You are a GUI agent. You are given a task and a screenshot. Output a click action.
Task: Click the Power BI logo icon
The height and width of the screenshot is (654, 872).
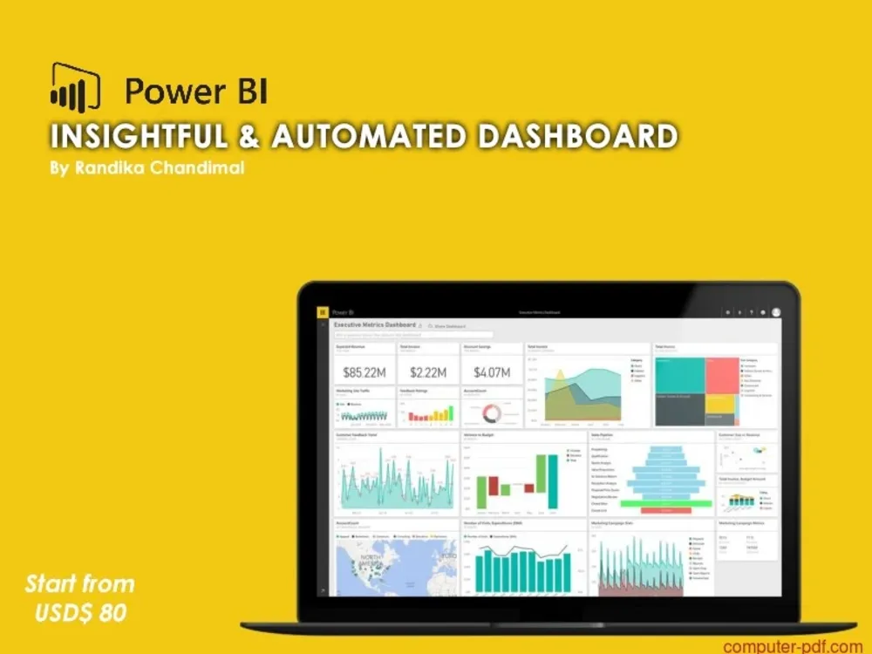click(75, 87)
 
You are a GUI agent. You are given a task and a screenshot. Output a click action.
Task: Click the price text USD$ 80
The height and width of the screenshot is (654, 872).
click(80, 613)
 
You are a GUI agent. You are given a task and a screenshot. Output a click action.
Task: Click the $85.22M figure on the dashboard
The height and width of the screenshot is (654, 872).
click(365, 373)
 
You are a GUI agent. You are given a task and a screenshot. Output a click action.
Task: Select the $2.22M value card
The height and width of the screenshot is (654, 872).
click(428, 373)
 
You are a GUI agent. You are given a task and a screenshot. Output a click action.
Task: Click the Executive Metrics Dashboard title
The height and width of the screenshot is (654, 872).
click(375, 324)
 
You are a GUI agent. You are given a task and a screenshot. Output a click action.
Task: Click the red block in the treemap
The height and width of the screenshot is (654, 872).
click(722, 375)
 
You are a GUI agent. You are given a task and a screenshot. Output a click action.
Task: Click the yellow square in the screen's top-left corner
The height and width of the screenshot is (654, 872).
click(323, 311)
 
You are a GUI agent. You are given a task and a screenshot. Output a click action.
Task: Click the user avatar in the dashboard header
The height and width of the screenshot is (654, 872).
click(776, 311)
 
